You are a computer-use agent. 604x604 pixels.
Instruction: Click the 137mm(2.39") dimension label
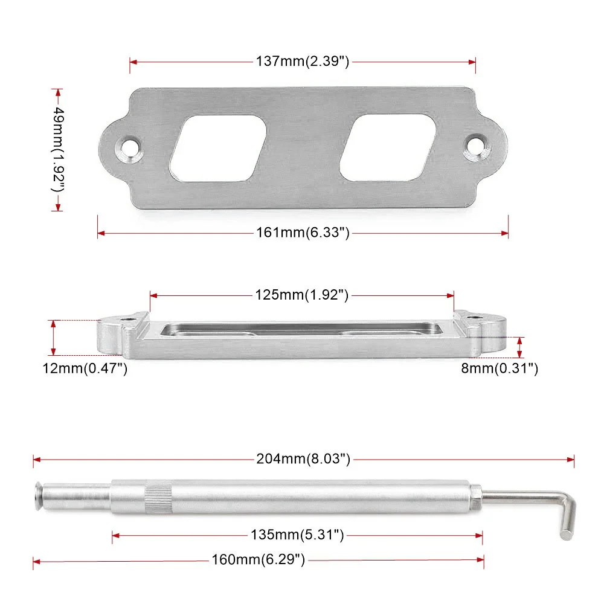pyautogui.click(x=303, y=61)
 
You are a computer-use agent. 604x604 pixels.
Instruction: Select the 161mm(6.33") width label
pyautogui.click(x=303, y=233)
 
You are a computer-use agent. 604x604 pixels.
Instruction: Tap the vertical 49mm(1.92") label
pyautogui.click(x=58, y=149)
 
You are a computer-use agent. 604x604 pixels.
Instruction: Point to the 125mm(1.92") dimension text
pyautogui.click(x=301, y=295)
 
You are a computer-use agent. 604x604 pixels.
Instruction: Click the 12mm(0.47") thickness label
pyautogui.click(x=85, y=368)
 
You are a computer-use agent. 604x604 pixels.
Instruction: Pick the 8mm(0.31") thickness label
pyautogui.click(x=500, y=368)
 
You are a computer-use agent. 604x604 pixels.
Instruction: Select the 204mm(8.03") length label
pyautogui.click(x=303, y=459)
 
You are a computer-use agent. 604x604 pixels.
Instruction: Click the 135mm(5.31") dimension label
pyautogui.click(x=297, y=535)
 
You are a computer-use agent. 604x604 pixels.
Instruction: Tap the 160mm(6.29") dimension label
pyautogui.click(x=258, y=559)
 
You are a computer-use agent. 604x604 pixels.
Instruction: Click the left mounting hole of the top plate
pyautogui.click(x=129, y=147)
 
